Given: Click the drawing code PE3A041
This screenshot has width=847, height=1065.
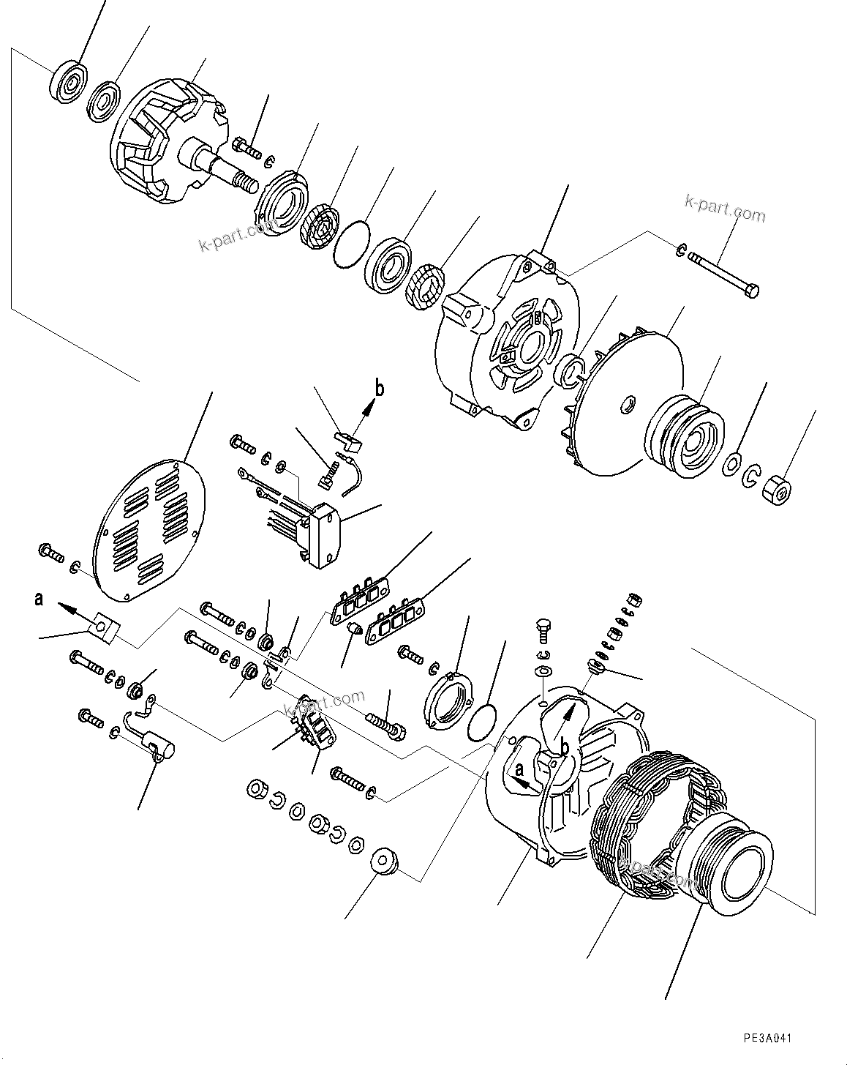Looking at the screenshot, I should tap(767, 1038).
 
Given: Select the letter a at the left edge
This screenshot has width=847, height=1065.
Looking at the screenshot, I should tap(38, 599).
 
